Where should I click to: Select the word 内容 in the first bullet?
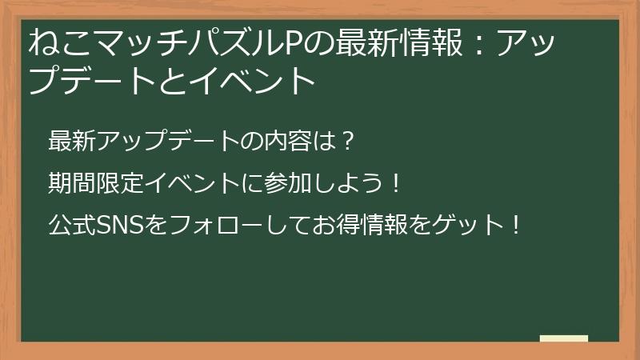[x=289, y=141]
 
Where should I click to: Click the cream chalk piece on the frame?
[x=563, y=338]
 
